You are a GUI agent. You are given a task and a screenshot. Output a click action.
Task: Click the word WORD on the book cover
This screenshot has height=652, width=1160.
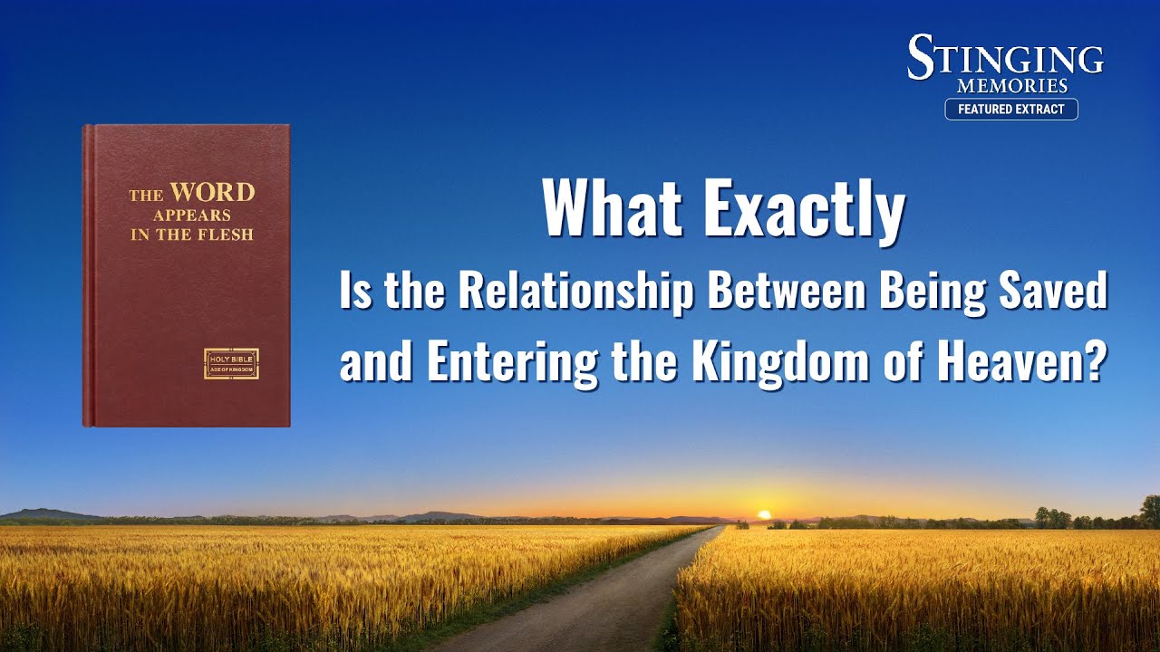212,192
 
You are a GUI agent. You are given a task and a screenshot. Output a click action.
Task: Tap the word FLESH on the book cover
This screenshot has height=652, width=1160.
227,235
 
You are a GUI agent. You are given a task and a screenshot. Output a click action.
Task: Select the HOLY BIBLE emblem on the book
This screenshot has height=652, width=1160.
231,364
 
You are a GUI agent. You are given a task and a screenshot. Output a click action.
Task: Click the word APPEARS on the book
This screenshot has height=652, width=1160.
191,216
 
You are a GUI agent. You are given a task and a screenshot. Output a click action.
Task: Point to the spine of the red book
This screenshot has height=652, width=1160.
89,275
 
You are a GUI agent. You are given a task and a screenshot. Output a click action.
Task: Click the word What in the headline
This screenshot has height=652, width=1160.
612,208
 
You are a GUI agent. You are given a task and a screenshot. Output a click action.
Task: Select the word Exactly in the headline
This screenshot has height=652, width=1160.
804,212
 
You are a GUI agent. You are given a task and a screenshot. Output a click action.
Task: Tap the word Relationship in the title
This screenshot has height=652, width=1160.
575,292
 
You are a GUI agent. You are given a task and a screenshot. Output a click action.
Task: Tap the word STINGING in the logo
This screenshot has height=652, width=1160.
1005,57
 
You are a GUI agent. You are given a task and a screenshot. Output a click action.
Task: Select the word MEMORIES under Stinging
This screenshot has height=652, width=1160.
1012,86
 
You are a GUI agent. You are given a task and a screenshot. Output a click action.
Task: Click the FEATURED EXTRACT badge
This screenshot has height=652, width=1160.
1011,110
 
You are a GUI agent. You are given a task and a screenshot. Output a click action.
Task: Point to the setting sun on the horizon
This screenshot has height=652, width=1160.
764,514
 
